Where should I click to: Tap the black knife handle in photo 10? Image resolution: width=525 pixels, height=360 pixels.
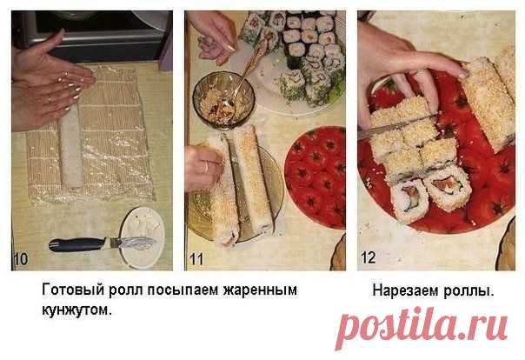(x=76, y=245)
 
